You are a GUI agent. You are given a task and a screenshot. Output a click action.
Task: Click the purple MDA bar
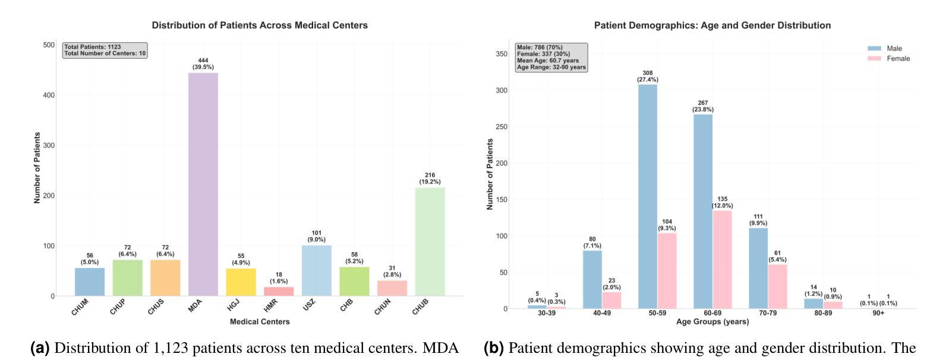pyautogui.click(x=203, y=184)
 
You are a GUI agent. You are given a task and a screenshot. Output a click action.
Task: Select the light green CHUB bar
pyautogui.click(x=430, y=242)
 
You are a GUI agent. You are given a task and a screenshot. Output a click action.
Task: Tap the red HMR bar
pyautogui.click(x=279, y=291)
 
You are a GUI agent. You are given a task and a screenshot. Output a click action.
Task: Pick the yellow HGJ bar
pyautogui.click(x=241, y=282)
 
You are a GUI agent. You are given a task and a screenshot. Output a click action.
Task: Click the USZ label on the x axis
pyautogui.click(x=309, y=304)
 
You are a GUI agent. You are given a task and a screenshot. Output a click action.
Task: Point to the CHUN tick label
pyautogui.click(x=384, y=307)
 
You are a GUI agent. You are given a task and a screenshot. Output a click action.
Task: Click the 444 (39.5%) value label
pyautogui.click(x=203, y=64)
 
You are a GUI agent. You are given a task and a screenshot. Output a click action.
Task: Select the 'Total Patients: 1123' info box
pyautogui.click(x=105, y=50)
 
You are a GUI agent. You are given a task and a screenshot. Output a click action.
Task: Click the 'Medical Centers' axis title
pyautogui.click(x=260, y=321)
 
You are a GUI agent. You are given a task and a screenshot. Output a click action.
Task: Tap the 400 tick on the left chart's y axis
pyautogui.click(x=49, y=95)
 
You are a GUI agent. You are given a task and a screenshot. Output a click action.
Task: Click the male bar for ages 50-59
pyautogui.click(x=648, y=196)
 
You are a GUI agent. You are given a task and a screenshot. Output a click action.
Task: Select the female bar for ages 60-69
pyautogui.click(x=722, y=260)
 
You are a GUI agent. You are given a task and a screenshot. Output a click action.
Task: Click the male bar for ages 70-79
pyautogui.click(x=758, y=268)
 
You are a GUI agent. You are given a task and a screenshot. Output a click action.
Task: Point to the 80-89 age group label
pyautogui.click(x=823, y=313)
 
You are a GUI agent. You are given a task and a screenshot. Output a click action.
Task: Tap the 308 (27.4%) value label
pyautogui.click(x=648, y=76)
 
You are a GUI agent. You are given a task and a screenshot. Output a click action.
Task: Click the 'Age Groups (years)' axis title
pyautogui.click(x=712, y=321)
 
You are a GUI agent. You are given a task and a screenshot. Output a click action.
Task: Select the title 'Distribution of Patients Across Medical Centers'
pyautogui.click(x=260, y=26)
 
